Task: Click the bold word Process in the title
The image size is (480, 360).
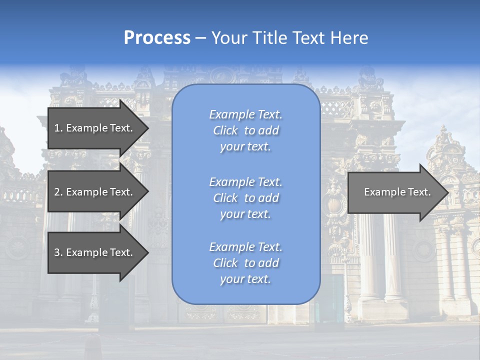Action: point(157,38)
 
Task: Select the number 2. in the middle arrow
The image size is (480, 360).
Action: point(58,192)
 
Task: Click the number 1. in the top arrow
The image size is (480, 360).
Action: point(58,128)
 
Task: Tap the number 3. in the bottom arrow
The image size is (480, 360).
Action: point(58,252)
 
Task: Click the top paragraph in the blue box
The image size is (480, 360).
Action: point(245,130)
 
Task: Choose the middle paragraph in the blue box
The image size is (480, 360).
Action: point(245,198)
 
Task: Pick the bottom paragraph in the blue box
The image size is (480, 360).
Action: point(245,263)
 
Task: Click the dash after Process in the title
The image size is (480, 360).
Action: point(200,38)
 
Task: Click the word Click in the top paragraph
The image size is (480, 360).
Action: point(225,130)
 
